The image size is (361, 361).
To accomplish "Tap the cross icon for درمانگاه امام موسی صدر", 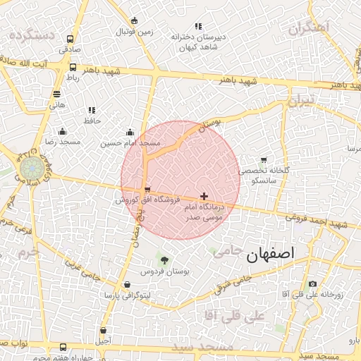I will click(x=204, y=196).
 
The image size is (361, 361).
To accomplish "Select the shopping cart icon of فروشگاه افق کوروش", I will click(x=147, y=190).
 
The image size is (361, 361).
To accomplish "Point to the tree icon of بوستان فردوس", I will click(x=165, y=260).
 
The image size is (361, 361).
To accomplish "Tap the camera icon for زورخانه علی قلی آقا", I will click(x=313, y=283).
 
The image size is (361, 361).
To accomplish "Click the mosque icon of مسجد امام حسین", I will click(x=130, y=132).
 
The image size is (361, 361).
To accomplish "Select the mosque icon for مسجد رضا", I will click(x=62, y=131).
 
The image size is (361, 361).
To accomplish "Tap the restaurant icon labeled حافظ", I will click(x=91, y=110).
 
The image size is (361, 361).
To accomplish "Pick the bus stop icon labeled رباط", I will click(x=73, y=67).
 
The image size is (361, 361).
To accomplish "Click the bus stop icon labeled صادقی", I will click(x=69, y=39).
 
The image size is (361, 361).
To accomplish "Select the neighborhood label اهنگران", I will click(x=309, y=29).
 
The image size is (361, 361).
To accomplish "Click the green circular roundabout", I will click(x=31, y=168).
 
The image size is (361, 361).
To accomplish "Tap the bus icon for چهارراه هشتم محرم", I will click(x=63, y=348).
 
